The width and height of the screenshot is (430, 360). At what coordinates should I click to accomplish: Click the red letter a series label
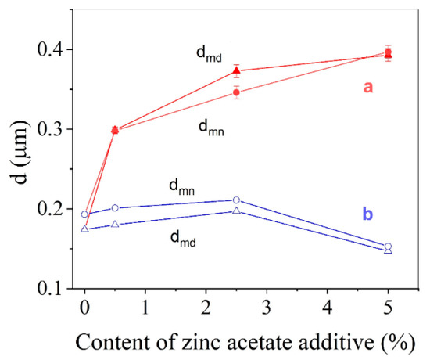pyautogui.click(x=367, y=88)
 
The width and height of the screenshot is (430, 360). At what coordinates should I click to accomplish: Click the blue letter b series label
pyautogui.click(x=367, y=212)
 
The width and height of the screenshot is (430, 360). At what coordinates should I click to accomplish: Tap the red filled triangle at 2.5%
pyautogui.click(x=237, y=70)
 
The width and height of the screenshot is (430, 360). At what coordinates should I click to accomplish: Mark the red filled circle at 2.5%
pyautogui.click(x=237, y=92)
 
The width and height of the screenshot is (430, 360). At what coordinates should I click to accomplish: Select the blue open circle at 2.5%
pyautogui.click(x=237, y=200)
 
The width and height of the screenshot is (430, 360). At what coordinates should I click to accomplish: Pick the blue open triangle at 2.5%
pyautogui.click(x=237, y=211)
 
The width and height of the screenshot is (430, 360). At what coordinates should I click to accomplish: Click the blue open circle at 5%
pyautogui.click(x=389, y=247)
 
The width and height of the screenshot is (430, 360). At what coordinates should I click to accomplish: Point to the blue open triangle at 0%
pyautogui.click(x=84, y=229)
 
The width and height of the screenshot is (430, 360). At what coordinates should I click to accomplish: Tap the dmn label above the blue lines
pyautogui.click(x=183, y=186)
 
